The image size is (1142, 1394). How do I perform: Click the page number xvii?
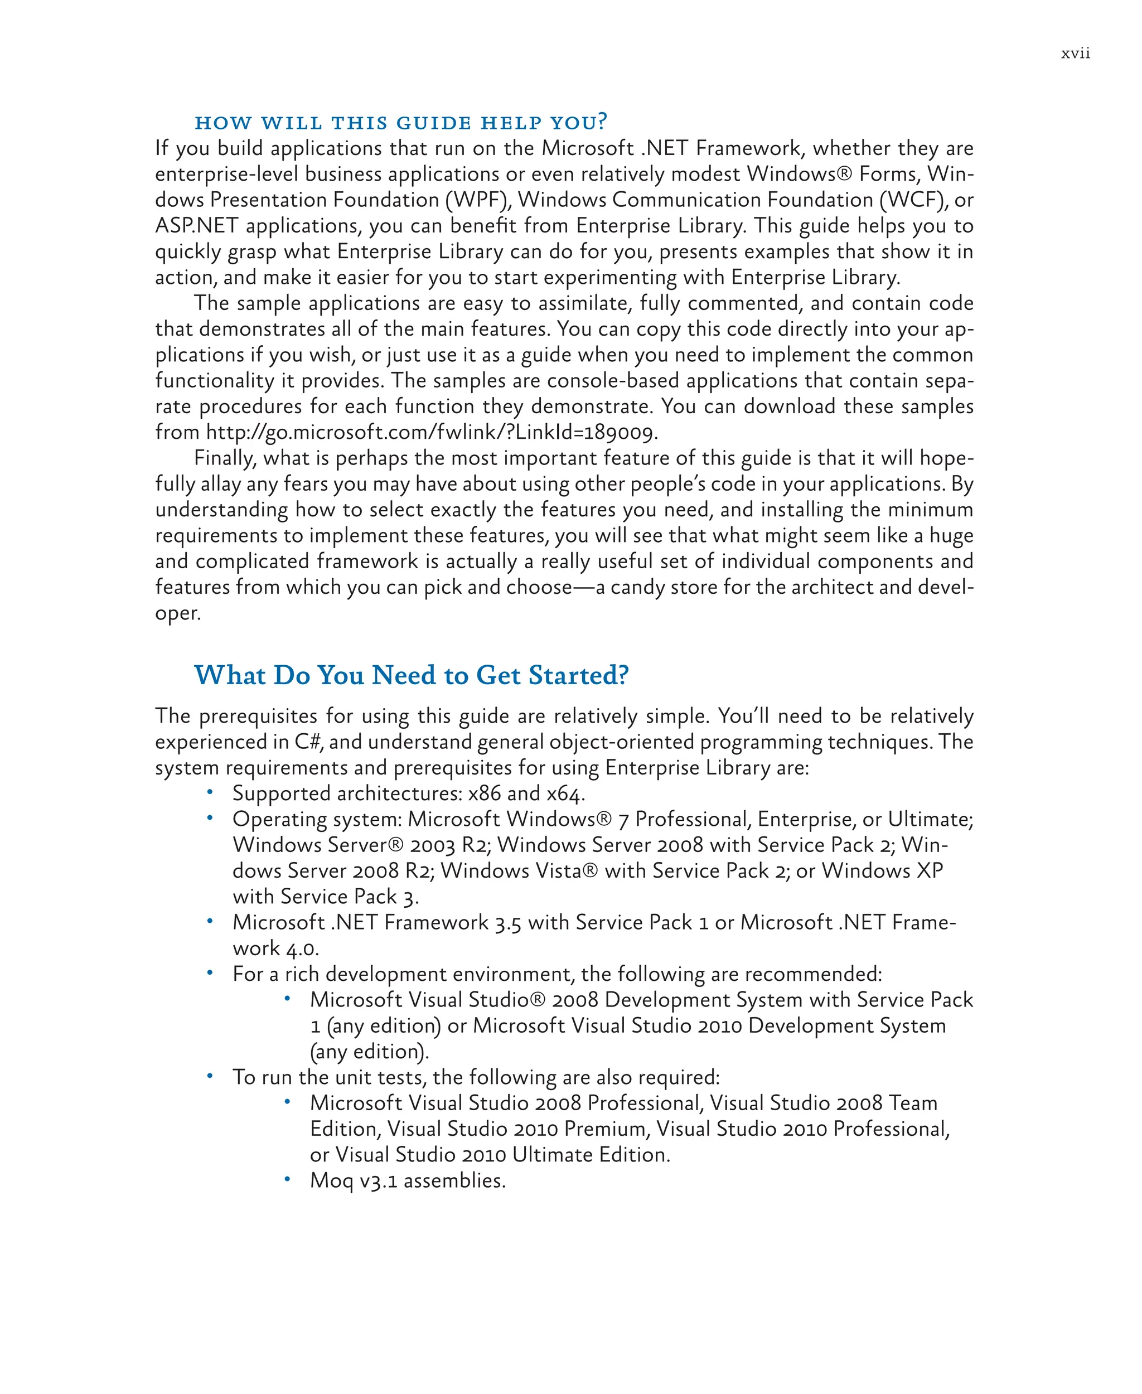pyautogui.click(x=1075, y=54)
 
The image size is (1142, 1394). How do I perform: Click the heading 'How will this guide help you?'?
pyautogui.click(x=400, y=123)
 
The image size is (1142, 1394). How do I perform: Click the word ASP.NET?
pyautogui.click(x=196, y=226)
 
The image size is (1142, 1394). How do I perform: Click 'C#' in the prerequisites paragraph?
pyautogui.click(x=307, y=742)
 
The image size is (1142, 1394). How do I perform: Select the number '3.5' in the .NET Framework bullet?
pyautogui.click(x=508, y=923)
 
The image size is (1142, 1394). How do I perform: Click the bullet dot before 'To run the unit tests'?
pyautogui.click(x=210, y=1076)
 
